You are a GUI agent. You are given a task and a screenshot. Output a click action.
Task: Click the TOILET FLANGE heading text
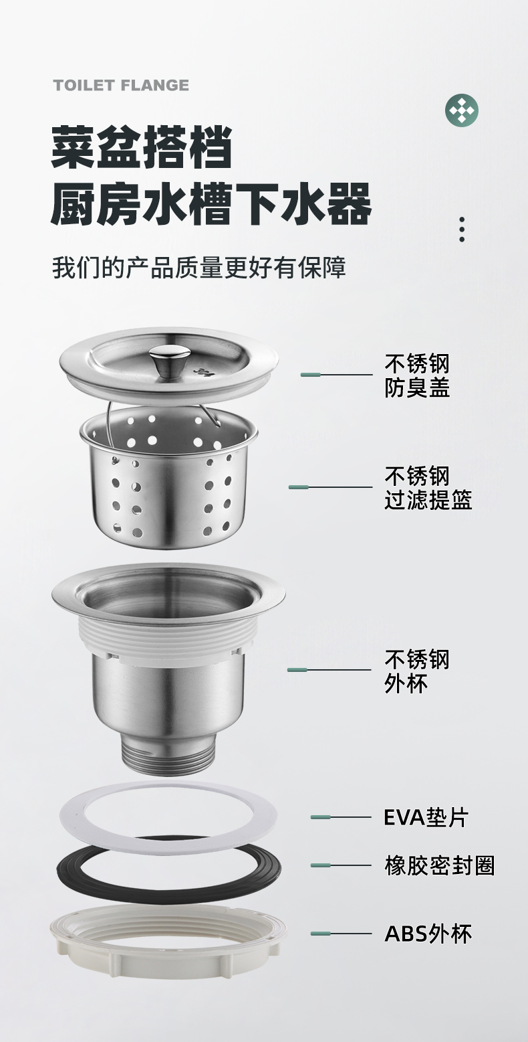[x=121, y=85]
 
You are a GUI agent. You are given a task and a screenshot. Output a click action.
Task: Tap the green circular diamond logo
[x=462, y=110]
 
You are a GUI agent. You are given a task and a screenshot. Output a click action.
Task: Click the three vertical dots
[x=462, y=230]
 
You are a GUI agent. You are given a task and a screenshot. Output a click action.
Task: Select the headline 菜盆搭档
[x=142, y=147]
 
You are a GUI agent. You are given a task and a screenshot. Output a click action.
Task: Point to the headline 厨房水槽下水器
[x=211, y=203]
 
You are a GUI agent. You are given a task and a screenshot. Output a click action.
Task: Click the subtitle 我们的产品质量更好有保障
[x=199, y=268]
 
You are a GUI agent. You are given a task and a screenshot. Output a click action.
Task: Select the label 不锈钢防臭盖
[x=417, y=375]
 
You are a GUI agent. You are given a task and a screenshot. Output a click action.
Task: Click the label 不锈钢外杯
[x=417, y=671]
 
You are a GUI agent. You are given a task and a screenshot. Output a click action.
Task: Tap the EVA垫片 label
[x=426, y=817]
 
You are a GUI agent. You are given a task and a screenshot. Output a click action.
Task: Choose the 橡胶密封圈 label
[x=439, y=866]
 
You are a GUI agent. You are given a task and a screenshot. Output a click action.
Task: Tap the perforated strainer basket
[x=168, y=479]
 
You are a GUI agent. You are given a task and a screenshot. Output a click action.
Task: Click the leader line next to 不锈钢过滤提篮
[x=330, y=487]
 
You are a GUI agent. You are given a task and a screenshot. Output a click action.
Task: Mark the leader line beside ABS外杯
[x=341, y=933]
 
